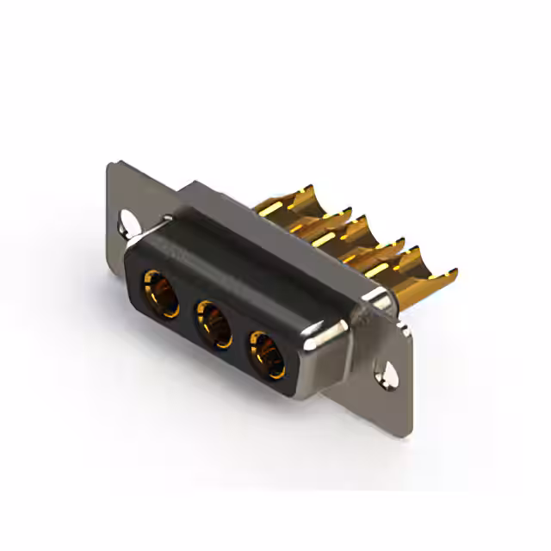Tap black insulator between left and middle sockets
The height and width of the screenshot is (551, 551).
pos(186,310)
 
